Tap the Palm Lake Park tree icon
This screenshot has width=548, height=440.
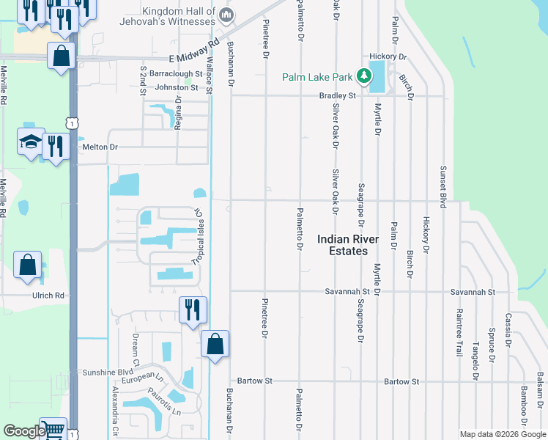click(363, 76)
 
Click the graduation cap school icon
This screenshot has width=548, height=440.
click(31, 142)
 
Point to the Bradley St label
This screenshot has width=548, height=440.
click(337, 95)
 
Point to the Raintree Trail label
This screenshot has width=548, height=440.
click(459, 331)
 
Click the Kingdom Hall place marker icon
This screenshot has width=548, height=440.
click(227, 15)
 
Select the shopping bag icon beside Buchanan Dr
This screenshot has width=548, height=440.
click(215, 344)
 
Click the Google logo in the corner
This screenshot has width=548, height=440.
click(23, 432)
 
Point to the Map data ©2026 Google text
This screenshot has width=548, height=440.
click(501, 434)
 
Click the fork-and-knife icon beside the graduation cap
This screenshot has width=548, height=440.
click(56, 146)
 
